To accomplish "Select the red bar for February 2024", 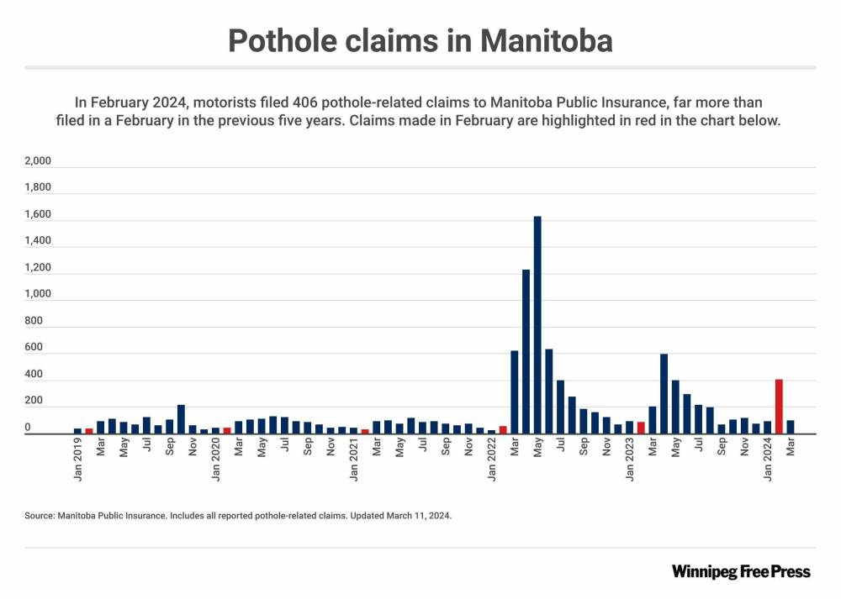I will coord(779,407).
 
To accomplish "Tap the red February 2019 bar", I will coord(89,431).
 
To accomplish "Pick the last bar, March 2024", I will coord(791,427).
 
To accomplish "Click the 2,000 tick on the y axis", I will coord(39,161).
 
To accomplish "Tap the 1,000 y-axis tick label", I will coord(39,295).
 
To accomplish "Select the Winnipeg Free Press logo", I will coord(741,571).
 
